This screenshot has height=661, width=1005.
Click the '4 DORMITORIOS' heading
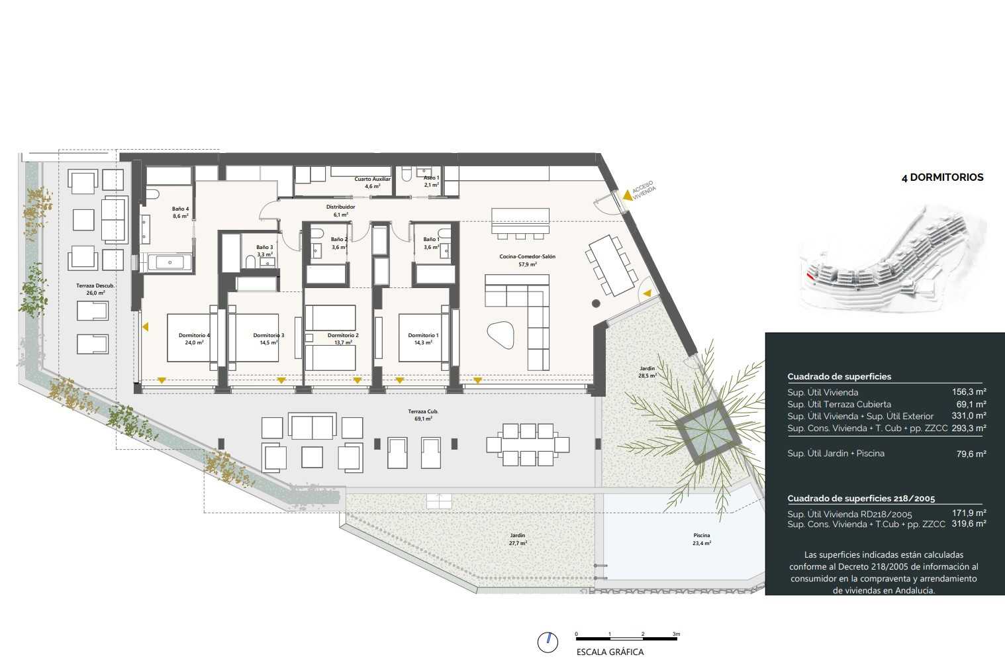coord(942,178)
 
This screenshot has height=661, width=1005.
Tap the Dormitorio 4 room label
coord(194,339)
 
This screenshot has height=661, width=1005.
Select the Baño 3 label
coord(265,251)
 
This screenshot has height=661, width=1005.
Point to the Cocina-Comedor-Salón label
coord(527,260)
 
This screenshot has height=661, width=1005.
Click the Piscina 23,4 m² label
coord(702,539)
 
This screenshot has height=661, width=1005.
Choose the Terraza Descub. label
coord(95,289)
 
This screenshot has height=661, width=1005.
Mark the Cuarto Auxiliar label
coord(372,182)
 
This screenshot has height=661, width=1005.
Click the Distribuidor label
coord(340,211)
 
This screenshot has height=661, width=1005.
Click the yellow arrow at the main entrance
coord(627,195)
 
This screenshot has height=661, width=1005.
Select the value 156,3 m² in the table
coord(969,391)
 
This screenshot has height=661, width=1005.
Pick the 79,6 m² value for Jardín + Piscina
coord(971,454)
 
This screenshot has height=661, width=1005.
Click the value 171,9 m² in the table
coord(969,513)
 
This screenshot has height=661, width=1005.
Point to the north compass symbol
coord(548,642)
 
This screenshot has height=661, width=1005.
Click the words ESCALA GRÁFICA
coord(610,652)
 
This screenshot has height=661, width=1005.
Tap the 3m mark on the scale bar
coord(676,634)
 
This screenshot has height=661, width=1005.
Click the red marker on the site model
coord(810,276)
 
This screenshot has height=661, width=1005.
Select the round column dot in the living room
coord(596,303)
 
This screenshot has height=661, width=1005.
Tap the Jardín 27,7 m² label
coord(517,539)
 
